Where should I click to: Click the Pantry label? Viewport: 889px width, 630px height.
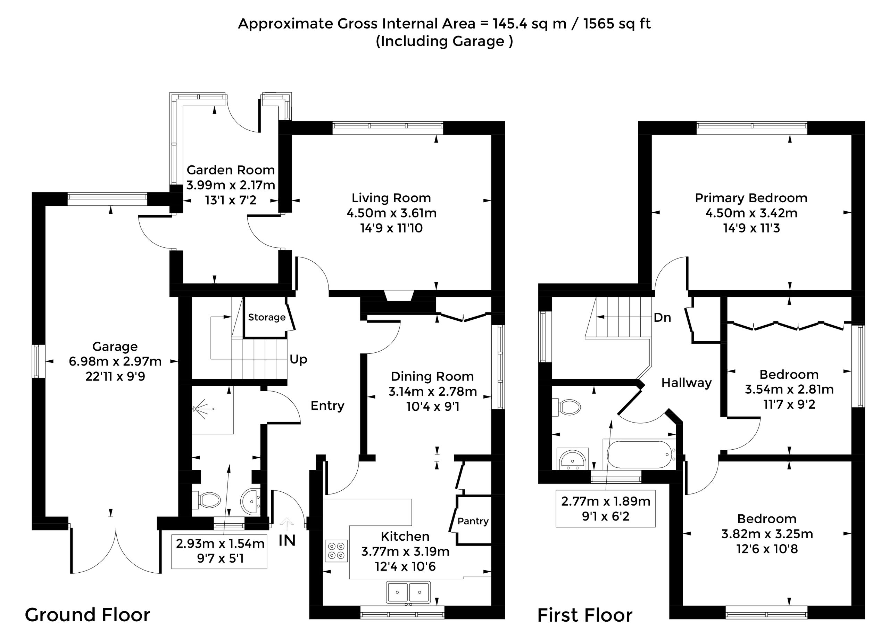[x=473, y=521]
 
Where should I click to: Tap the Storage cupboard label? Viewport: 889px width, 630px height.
[x=267, y=317]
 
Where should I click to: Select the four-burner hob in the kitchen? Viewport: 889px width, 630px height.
[x=336, y=551]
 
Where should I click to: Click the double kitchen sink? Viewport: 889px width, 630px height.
[x=408, y=592]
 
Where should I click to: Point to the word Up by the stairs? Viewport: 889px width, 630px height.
[x=298, y=360]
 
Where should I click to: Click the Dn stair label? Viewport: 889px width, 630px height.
[x=662, y=318]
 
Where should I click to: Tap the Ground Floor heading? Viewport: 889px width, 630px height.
[x=88, y=615]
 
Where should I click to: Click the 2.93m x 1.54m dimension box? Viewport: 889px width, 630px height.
[x=219, y=551]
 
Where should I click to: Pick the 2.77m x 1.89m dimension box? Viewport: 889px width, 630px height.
[x=606, y=509]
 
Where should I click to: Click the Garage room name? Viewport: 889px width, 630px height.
[x=115, y=346]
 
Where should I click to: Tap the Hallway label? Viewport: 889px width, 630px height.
[x=687, y=383]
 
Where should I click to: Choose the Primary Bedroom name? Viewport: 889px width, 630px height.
[x=751, y=198]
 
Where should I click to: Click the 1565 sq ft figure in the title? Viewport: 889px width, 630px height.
[x=617, y=24]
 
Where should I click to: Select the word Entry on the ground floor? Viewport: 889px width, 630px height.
[x=327, y=406]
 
